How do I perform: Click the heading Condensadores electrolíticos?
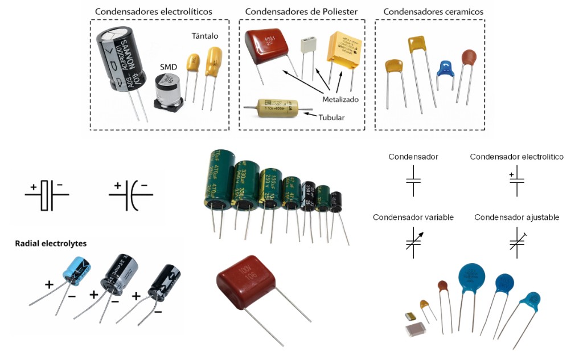click(154, 11)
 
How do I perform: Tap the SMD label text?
click(169, 67)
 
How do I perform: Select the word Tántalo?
click(205, 36)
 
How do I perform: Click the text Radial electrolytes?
click(51, 243)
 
